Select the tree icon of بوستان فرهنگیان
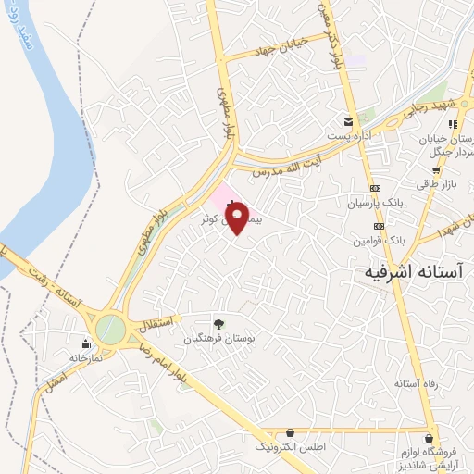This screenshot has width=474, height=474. pos(218,324)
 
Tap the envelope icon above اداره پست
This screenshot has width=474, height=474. pos(348,121)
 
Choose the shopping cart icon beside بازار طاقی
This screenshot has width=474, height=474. pos(436,171)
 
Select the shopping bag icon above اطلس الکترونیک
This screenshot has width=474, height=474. pos(291,431)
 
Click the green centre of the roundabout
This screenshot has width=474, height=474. pos(109,328)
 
